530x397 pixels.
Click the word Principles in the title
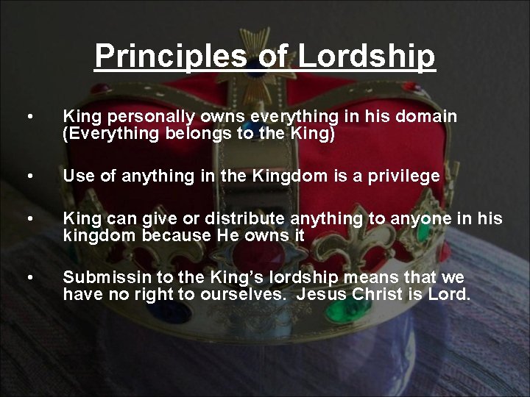coord(154,56)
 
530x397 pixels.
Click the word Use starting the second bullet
coord(78,176)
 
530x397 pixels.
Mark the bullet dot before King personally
coord(29,117)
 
